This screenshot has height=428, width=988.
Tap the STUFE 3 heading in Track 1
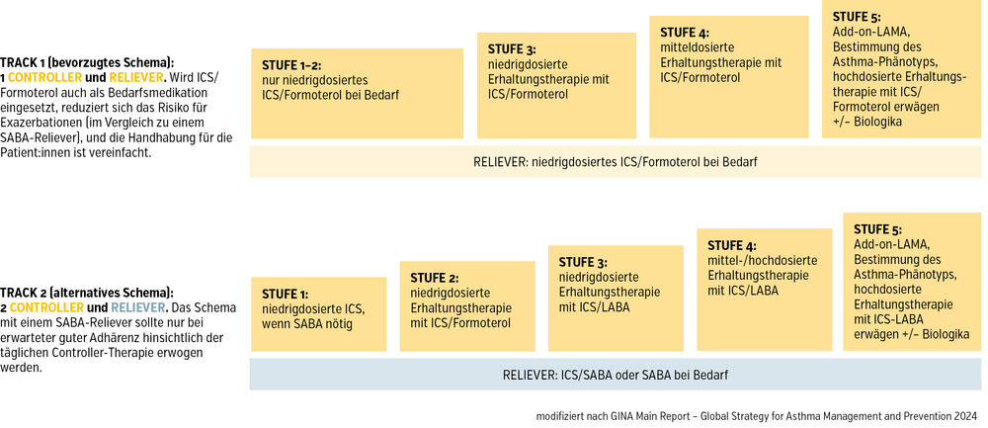pos(512,49)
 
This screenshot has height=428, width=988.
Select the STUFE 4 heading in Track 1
pos(685,34)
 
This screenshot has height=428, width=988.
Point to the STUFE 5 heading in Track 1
pos(857,17)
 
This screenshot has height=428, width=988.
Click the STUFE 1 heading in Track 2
pos(285,295)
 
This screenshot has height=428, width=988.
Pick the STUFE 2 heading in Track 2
pos(434,278)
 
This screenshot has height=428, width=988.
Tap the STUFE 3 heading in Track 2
pos(583,262)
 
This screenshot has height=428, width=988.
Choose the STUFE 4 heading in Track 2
pos(732,246)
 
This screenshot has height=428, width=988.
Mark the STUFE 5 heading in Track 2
pos(877,229)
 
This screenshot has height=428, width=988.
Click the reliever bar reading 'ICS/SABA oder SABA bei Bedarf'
pos(615,375)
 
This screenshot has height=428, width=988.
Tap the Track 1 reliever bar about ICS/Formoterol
pos(615,161)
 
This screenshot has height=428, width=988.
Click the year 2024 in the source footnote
pos(965,417)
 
